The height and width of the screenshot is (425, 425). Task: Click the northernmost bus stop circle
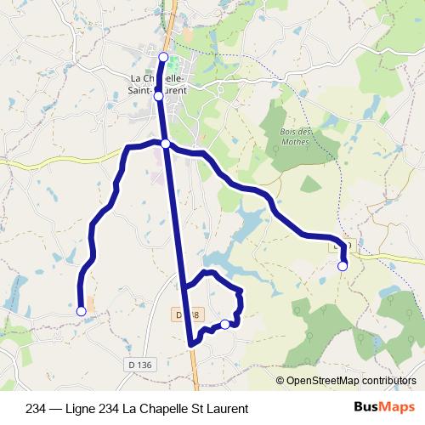click(164, 56)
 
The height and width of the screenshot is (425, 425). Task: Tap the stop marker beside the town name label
click(158, 97)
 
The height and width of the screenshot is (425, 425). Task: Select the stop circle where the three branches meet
click(166, 144)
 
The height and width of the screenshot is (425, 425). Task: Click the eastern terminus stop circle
click(343, 267)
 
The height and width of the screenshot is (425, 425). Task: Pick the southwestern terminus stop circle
click(82, 312)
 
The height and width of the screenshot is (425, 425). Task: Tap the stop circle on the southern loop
click(224, 324)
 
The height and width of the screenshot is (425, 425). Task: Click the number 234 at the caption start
click(37, 407)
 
